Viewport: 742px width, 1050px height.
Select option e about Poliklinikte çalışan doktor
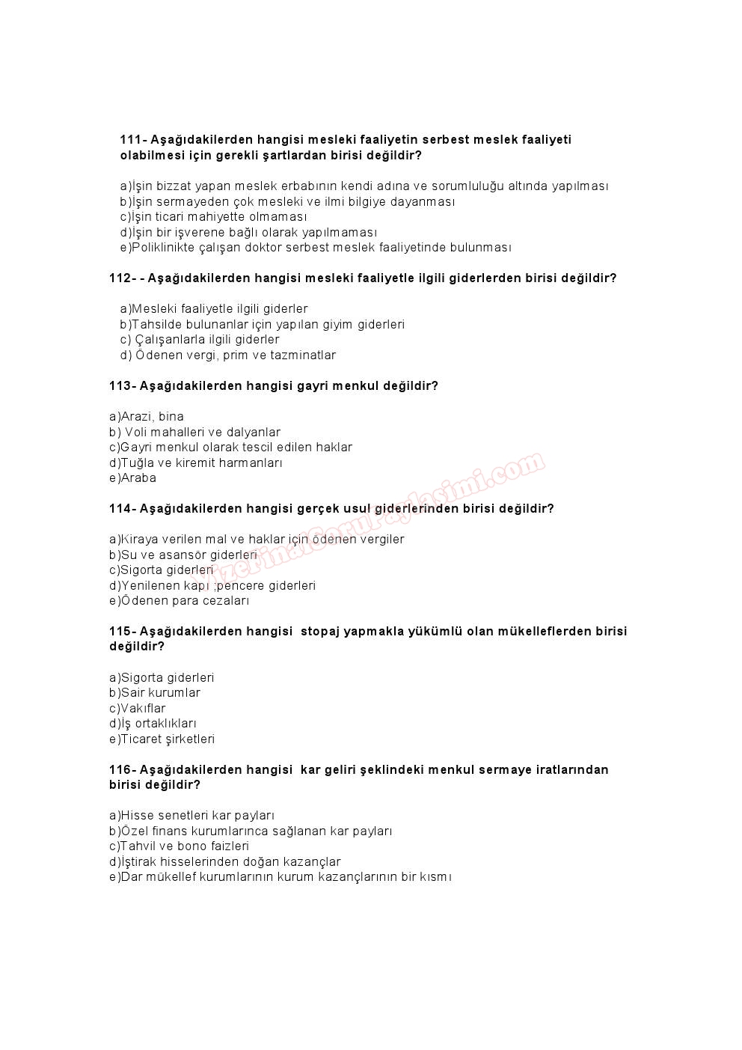pos(315,248)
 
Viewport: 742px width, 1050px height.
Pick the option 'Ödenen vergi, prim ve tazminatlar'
pos(228,355)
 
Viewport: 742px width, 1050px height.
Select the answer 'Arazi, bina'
pos(147,417)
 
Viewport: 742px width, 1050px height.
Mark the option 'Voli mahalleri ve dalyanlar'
pos(195,433)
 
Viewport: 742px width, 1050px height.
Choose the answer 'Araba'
pos(132,478)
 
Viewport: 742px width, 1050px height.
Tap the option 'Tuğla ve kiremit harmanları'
pos(196,463)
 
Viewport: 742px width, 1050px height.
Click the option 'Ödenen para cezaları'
pos(179,601)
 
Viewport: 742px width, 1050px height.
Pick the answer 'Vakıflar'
pos(138,709)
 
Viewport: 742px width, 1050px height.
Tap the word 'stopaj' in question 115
pos(319,632)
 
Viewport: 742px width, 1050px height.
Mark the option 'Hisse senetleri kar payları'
pos(192,816)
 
